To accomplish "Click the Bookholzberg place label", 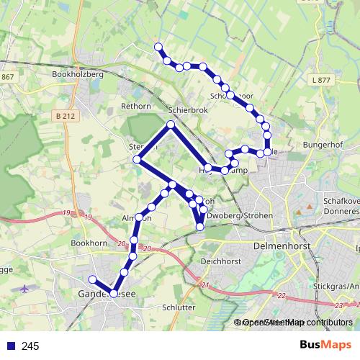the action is coord(79,73).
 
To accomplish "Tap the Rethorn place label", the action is coord(136,107).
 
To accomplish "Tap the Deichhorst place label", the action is coord(220,261).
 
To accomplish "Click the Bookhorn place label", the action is coord(89,243).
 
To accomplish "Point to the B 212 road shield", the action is coord(65,115).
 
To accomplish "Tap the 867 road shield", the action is coord(8,76).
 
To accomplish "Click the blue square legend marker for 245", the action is coord(11,346).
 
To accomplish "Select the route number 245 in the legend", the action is coord(30,346).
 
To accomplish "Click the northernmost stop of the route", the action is coord(158,48).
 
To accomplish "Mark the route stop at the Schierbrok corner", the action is coord(171,125).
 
